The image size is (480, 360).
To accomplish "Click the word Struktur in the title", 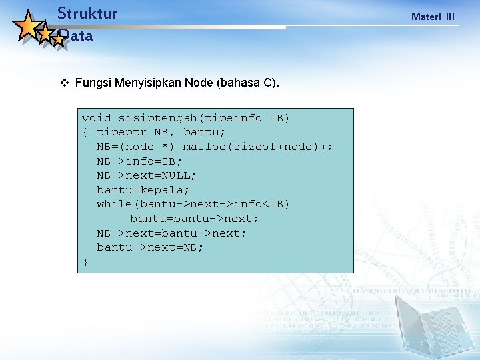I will (x=87, y=13).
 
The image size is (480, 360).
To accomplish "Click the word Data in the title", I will (x=76, y=37).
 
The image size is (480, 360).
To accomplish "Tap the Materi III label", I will (x=433, y=17).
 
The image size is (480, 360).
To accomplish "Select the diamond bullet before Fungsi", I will (x=65, y=83).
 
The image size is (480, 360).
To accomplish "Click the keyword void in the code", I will (x=96, y=118).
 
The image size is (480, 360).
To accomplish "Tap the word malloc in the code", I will (x=204, y=147).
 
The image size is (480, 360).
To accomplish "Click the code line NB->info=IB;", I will (x=139, y=161).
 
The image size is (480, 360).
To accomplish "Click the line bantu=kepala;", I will (x=143, y=190).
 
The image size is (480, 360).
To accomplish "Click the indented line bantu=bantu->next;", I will (x=194, y=219).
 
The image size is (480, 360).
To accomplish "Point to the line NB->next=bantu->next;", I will (x=171, y=233).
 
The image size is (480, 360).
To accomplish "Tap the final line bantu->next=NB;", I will (x=150, y=247).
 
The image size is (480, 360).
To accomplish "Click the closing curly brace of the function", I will (x=85, y=262).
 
